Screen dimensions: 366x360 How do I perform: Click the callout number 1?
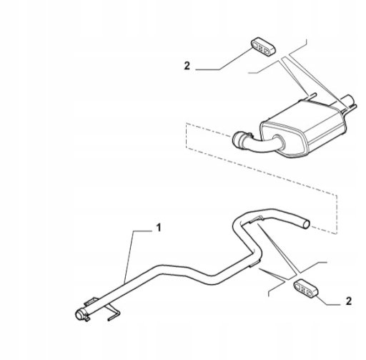(x=159, y=228)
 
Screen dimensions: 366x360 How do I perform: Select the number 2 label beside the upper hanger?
(x=187, y=66)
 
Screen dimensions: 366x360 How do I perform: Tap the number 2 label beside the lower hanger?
(x=349, y=301)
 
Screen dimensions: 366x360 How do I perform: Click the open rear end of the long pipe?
(x=306, y=224)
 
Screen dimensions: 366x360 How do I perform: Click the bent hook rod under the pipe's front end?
(x=114, y=313)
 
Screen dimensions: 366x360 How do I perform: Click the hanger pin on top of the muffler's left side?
(x=312, y=96)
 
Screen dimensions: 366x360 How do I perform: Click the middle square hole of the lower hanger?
(x=304, y=290)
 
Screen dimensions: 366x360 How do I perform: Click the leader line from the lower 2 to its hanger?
(x=327, y=301)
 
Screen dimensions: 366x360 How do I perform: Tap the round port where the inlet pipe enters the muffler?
(x=280, y=141)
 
